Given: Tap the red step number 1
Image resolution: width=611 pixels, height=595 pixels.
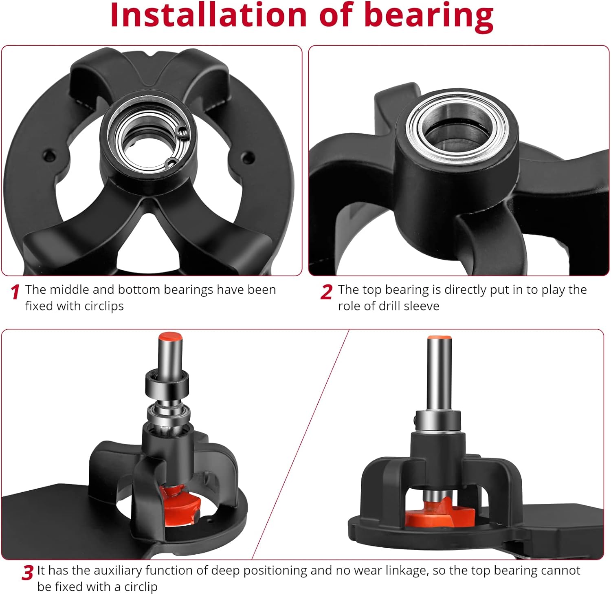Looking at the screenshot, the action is tap(15, 292).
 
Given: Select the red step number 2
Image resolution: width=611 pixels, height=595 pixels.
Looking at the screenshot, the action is tap(326, 292).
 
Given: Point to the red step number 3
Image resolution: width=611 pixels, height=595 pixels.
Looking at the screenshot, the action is tap(27, 573).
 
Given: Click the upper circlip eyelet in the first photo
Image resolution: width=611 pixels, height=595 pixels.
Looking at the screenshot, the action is tap(183, 131).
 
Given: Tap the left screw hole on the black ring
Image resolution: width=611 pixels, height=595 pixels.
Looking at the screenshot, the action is tap(49, 155).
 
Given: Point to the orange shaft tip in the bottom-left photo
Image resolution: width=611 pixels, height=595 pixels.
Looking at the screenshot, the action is tap(170, 337).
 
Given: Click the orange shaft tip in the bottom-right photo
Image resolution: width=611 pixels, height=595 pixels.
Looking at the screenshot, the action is tap(439, 338).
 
